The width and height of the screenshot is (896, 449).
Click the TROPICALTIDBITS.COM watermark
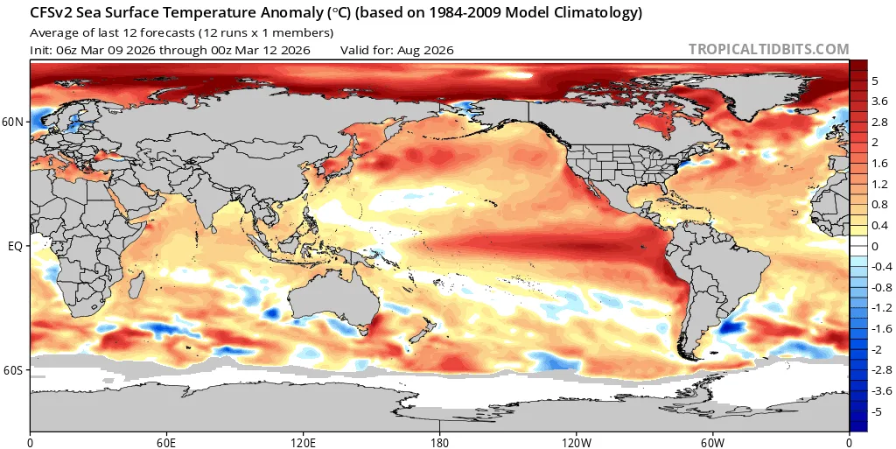coord(768,50)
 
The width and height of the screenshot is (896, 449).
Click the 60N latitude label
coord(13,123)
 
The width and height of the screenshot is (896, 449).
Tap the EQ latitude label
coord(15,247)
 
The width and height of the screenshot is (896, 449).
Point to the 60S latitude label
coord(13,371)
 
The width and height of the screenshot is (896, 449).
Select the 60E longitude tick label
coord(166,441)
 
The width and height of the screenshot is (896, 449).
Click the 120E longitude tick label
coord(303,441)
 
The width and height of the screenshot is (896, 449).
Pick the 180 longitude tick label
coord(439,441)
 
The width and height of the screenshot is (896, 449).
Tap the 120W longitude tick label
coord(576,441)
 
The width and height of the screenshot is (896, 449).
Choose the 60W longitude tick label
coord(712,441)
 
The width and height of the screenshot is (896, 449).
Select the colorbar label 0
coord(875,246)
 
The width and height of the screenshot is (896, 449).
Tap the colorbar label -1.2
coord(880,308)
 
